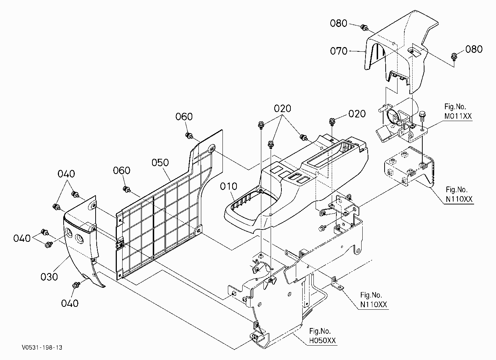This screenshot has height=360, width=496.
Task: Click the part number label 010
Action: (229, 186)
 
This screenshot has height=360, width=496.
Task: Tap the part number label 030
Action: (49, 277)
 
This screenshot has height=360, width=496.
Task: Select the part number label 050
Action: (160, 162)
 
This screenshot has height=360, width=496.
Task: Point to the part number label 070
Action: (339, 51)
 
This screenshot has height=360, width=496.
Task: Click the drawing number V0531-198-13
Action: (42, 347)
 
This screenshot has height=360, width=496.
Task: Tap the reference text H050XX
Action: (322, 341)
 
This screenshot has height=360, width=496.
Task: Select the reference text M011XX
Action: (458, 116)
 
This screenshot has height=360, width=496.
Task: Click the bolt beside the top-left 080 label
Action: (364, 28)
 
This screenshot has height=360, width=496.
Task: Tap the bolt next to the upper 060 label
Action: (189, 135)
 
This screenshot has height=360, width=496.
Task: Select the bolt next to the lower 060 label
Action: (127, 189)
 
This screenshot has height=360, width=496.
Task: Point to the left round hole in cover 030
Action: (69, 233)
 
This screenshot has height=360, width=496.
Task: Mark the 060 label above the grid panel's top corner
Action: (184, 116)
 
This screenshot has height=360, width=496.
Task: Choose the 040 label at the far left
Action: (22, 239)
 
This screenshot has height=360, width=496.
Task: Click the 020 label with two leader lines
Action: (282, 109)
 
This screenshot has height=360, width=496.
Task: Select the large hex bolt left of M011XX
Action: (422, 116)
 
